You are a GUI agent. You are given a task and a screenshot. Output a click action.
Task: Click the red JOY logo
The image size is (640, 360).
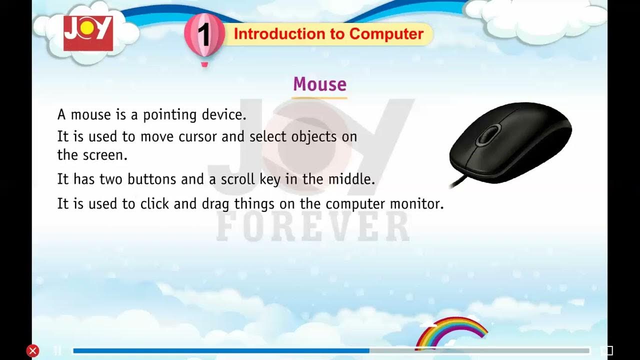coord(88,33)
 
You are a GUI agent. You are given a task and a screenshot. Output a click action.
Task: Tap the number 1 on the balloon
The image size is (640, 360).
coord(203,35)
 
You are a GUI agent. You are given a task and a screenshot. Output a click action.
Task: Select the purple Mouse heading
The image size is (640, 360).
coord(319,84)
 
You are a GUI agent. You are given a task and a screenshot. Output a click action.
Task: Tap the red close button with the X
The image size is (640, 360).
coord(33,350)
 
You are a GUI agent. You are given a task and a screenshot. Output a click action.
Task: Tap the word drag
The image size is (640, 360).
coord(215,204)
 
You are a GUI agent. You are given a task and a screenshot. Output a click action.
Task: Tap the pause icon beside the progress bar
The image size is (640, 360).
coord(57,350)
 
